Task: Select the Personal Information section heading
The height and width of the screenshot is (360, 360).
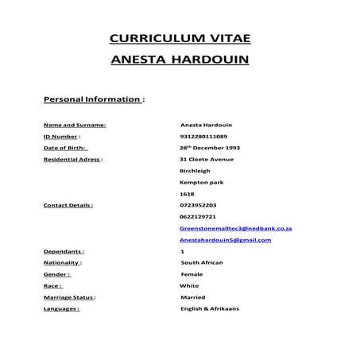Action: (94, 101)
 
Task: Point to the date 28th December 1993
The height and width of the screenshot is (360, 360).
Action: (211, 148)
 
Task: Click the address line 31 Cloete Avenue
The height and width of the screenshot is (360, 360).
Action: (207, 159)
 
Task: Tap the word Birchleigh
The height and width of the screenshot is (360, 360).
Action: (195, 170)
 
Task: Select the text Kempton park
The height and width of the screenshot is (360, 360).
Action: (202, 182)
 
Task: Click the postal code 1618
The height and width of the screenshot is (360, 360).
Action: (187, 194)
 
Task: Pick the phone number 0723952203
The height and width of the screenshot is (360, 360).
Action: (199, 205)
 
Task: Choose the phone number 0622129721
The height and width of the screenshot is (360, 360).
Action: (199, 216)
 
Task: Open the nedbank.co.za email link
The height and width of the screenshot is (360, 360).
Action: (236, 228)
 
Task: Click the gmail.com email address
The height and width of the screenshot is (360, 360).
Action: (226, 239)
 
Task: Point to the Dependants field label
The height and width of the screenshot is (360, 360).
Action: (64, 251)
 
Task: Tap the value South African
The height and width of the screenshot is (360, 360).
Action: (203, 262)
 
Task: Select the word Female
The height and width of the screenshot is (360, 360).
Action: (192, 273)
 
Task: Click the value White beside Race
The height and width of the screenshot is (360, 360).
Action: (190, 285)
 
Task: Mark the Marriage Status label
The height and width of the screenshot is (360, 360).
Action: (69, 296)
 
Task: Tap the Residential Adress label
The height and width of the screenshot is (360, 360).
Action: (73, 159)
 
